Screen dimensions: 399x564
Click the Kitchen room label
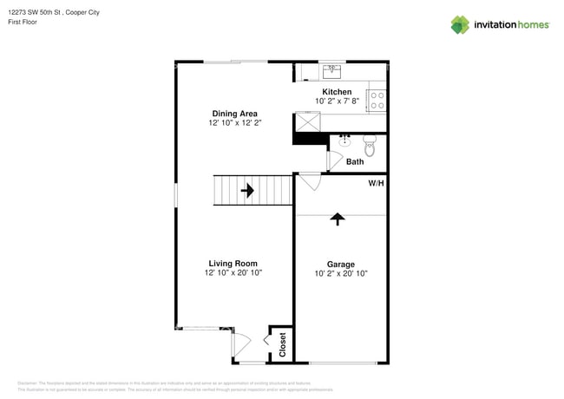(337, 92)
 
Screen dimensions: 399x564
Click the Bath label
(355, 162)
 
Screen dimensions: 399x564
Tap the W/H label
(377, 184)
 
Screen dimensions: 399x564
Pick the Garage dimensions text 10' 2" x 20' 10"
(340, 274)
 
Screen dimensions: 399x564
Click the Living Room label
(233, 264)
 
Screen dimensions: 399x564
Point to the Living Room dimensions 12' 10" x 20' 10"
(233, 273)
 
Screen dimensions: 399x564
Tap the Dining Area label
(234, 114)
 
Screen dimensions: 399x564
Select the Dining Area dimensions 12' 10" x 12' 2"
(234, 123)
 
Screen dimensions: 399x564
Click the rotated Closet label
(282, 345)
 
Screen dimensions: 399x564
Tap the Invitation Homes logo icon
(460, 24)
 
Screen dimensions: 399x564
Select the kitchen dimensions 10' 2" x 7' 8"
(337, 101)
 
